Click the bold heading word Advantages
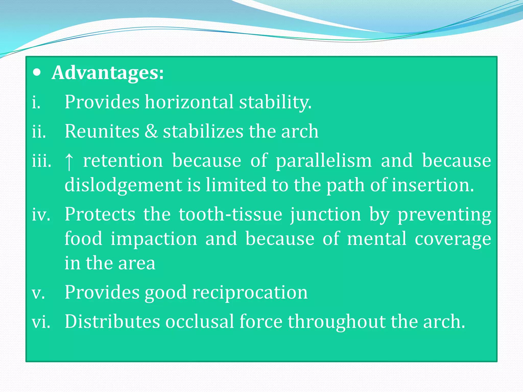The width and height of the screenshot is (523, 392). [107, 73]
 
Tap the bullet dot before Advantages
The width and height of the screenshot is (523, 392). [37, 73]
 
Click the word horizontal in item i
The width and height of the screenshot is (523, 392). [189, 102]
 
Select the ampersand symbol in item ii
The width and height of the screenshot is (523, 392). [151, 131]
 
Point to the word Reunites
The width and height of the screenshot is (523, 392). [102, 131]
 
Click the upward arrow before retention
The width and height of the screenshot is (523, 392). [69, 162]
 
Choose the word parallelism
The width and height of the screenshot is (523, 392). [324, 161]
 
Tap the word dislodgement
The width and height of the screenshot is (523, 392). [123, 185]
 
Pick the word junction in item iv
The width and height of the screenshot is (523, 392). [326, 215]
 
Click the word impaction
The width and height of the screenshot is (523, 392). [154, 239]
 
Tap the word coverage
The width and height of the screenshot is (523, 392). [453, 239]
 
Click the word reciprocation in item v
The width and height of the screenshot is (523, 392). [250, 292]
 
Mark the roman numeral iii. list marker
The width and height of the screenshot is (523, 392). [42, 161]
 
